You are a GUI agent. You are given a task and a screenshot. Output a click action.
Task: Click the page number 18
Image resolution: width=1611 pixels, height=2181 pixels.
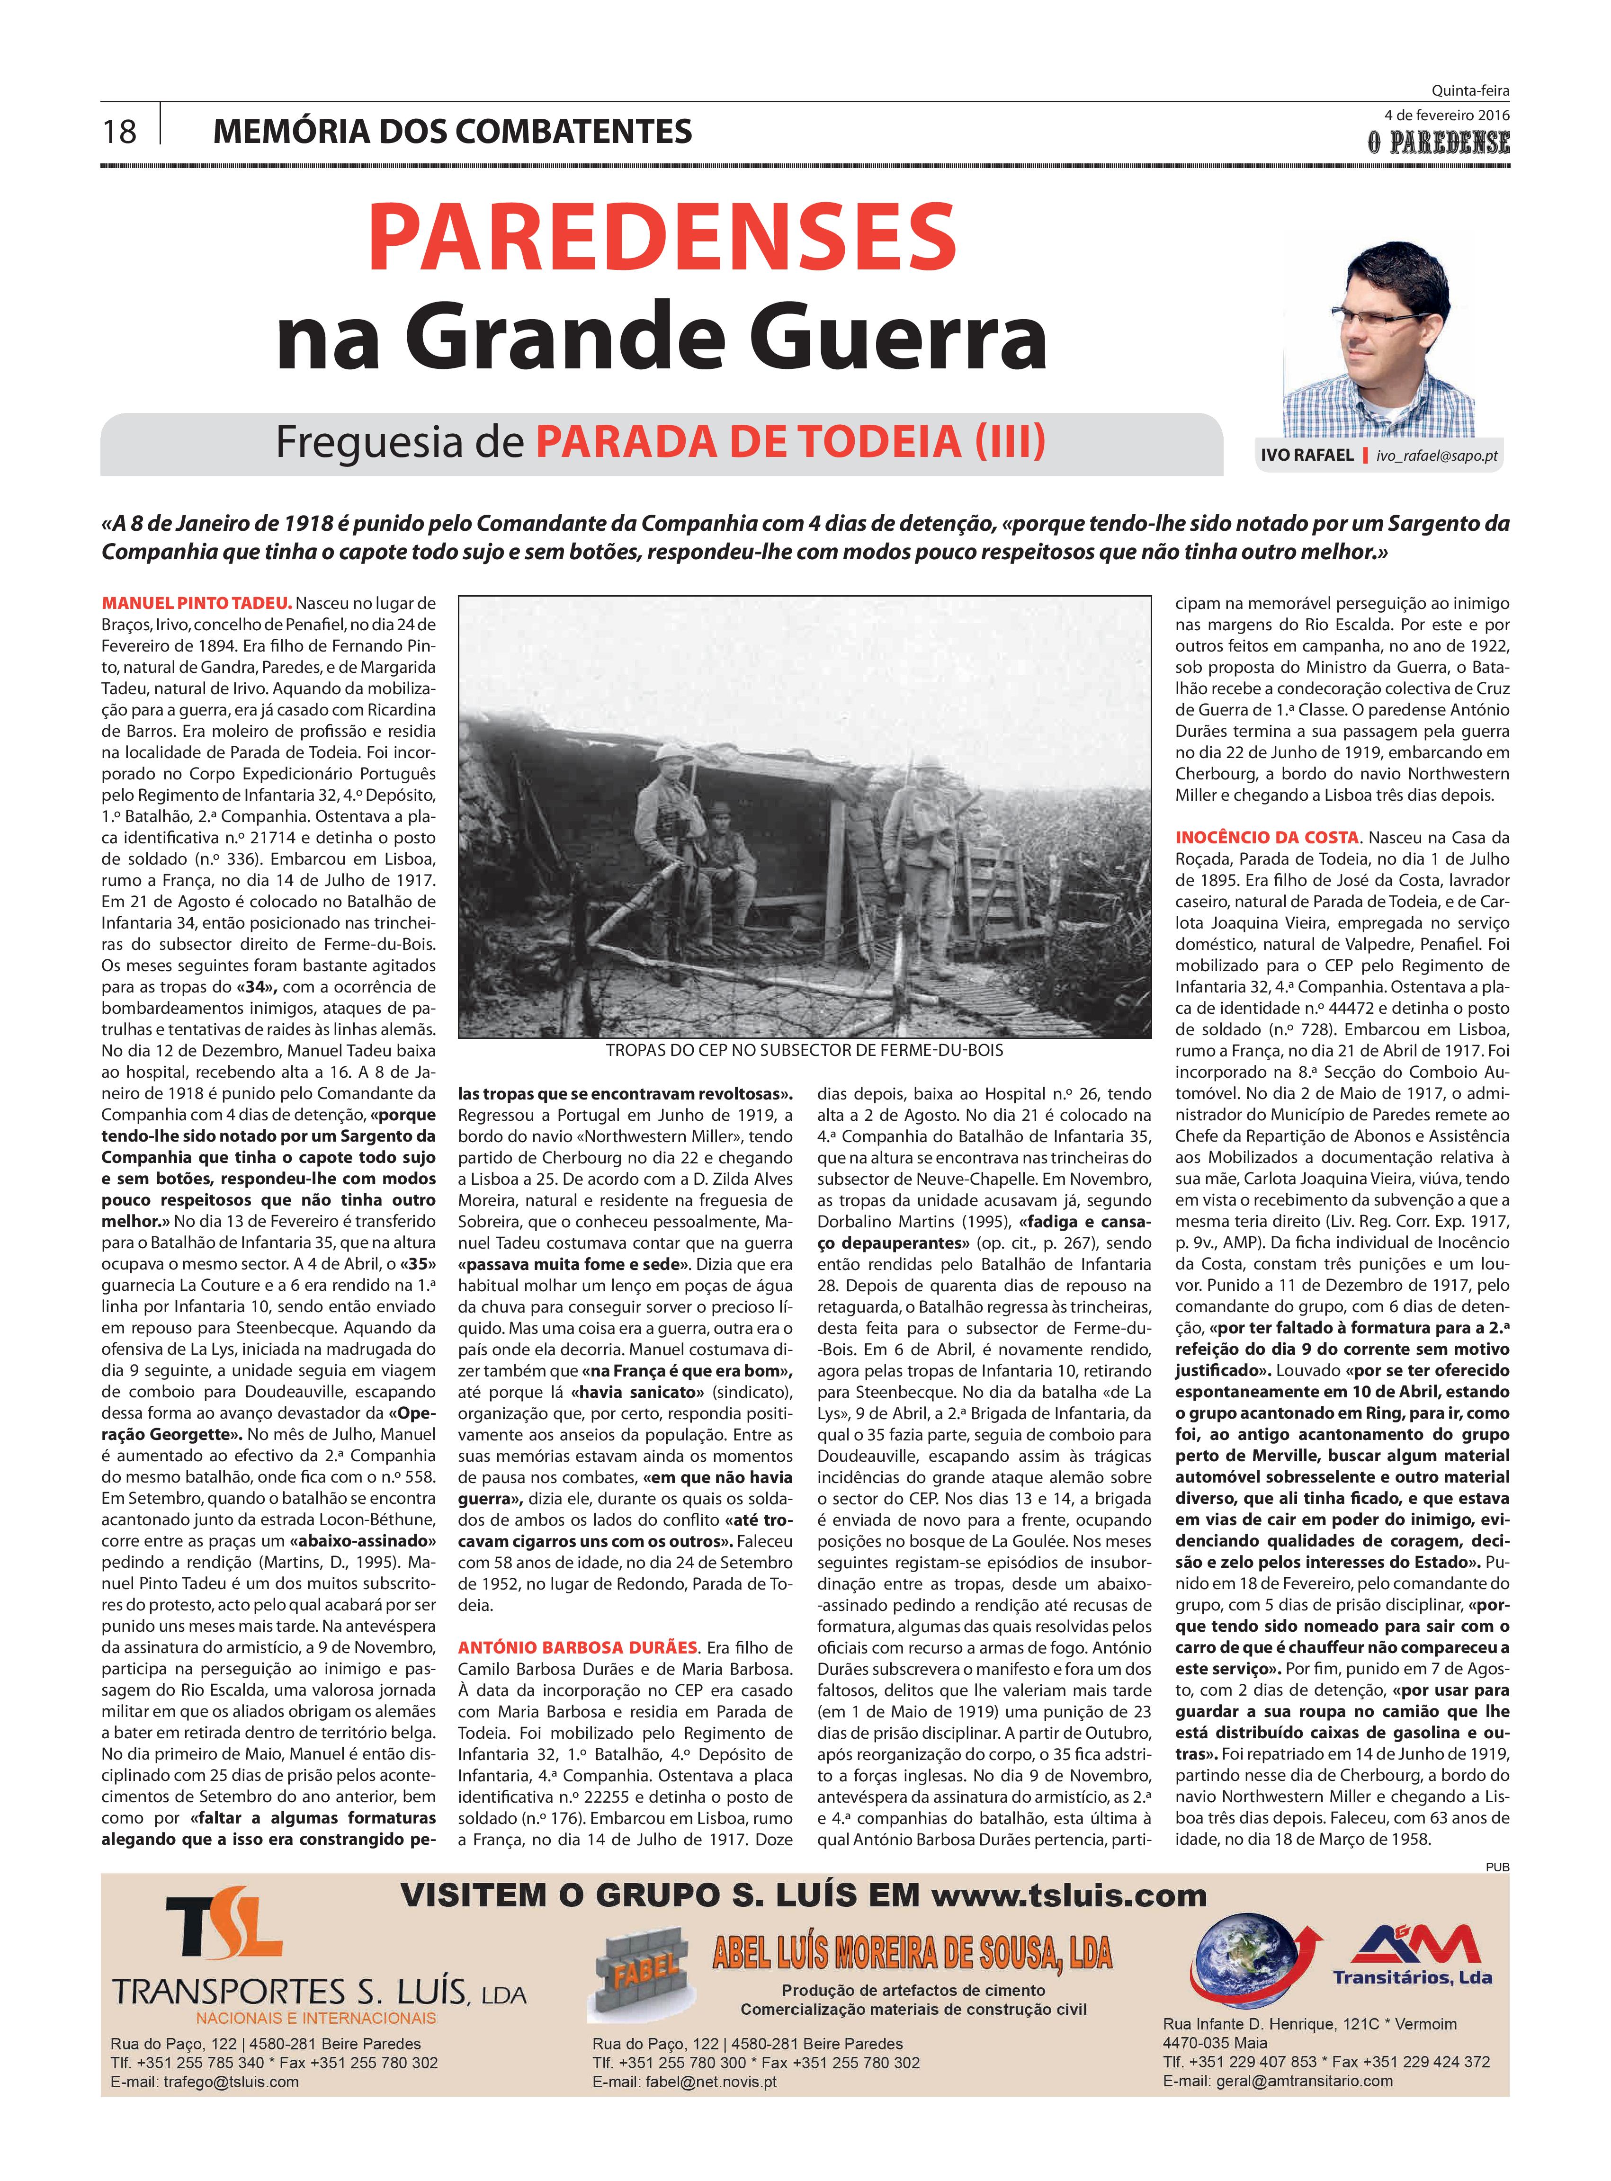point(120,131)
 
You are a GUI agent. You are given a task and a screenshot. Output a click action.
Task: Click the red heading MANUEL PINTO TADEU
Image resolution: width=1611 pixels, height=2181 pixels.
point(197,604)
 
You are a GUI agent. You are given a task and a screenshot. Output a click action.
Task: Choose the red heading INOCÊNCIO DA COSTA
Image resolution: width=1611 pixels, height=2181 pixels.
point(1267,838)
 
